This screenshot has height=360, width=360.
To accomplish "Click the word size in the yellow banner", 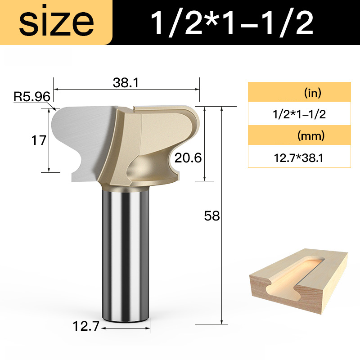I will pyautogui.click(x=56, y=22).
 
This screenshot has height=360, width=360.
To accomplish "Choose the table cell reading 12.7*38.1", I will pyautogui.click(x=299, y=157).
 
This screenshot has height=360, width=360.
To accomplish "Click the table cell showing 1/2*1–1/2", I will pyautogui.click(x=299, y=115).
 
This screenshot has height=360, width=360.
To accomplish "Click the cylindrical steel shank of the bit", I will pyautogui.click(x=126, y=252).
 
